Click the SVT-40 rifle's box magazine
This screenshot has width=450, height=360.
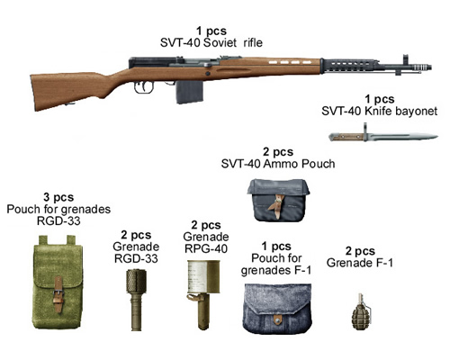[189, 92]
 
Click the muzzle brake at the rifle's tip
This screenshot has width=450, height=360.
[421, 67]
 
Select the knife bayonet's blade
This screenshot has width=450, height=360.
[402, 137]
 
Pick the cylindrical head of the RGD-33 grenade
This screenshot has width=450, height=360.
[136, 281]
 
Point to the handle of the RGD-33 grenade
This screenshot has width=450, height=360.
[136, 312]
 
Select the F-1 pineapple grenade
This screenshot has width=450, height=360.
[360, 312]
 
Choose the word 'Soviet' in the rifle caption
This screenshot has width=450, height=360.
[220, 42]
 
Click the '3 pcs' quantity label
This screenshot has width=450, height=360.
[58, 197]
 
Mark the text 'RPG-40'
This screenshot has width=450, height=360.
[206, 248]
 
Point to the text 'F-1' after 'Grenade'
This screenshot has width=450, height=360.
[383, 263]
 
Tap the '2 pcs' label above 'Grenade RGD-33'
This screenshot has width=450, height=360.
[136, 235]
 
